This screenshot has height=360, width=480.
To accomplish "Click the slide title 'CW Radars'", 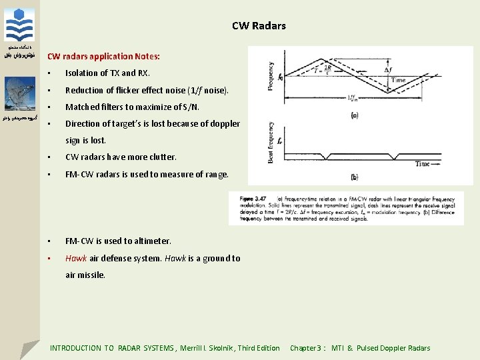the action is click(x=259, y=26).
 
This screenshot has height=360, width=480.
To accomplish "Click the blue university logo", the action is click(x=19, y=26).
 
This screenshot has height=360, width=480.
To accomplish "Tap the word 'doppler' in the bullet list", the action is click(x=225, y=123).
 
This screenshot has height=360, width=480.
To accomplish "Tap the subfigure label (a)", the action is click(x=354, y=115).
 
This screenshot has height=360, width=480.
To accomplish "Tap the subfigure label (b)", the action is click(x=354, y=177).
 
